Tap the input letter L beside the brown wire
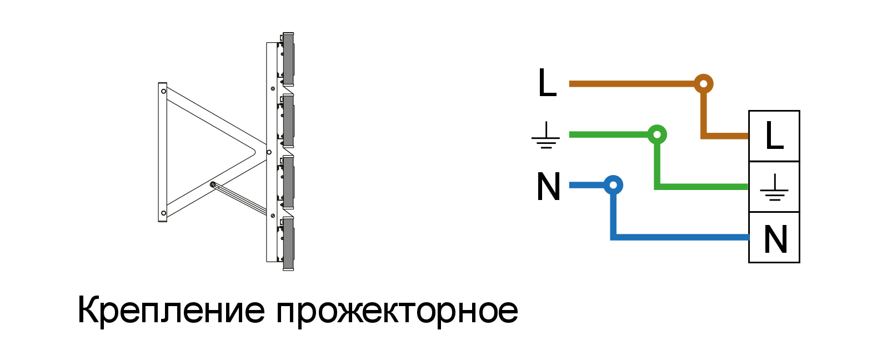(547, 82)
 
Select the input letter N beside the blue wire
(548, 186)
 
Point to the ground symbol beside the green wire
(546, 135)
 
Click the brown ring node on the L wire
(704, 84)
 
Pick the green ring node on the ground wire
(657, 134)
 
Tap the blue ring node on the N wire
(613, 185)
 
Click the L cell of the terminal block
(774, 136)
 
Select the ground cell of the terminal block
(774, 187)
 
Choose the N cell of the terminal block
(774, 237)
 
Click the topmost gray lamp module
(288, 59)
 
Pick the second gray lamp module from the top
(288, 121)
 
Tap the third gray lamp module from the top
(288, 182)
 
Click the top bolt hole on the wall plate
(163, 91)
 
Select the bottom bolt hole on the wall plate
(163, 213)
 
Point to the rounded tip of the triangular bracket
(254, 152)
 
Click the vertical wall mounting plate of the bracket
(163, 152)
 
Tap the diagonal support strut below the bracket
(239, 199)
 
